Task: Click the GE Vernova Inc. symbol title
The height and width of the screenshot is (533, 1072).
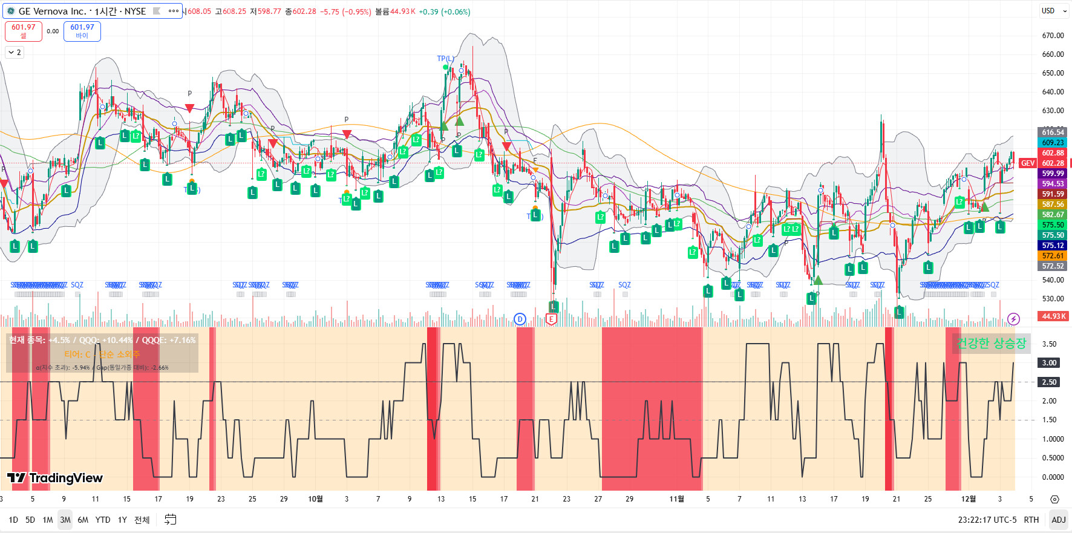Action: click(82, 11)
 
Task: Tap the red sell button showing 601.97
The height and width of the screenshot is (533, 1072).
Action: click(24, 31)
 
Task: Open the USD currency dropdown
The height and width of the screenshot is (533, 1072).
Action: click(1053, 11)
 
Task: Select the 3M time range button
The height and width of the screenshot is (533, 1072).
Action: click(65, 520)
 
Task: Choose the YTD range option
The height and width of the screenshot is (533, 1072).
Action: click(103, 520)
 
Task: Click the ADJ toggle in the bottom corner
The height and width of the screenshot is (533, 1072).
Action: click(1059, 520)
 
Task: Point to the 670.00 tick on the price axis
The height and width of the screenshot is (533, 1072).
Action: click(1053, 36)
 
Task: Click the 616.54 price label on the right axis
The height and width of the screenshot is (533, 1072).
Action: click(1053, 132)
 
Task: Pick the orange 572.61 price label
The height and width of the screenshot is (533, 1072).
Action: click(1053, 256)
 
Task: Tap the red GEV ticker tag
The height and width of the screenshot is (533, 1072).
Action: click(1028, 163)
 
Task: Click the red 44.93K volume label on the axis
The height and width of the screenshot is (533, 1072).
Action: click(1053, 316)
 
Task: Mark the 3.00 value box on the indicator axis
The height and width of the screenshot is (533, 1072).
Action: click(1049, 363)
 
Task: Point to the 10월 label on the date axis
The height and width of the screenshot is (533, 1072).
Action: click(315, 499)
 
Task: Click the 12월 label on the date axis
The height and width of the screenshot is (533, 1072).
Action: click(969, 499)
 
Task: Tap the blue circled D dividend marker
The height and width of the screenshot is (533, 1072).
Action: click(520, 319)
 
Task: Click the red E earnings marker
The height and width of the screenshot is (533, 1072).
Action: click(551, 319)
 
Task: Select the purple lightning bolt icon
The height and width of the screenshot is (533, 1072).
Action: click(1014, 319)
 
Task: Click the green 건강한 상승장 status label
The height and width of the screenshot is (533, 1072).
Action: click(991, 344)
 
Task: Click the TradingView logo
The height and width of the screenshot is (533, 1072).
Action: click(55, 478)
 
